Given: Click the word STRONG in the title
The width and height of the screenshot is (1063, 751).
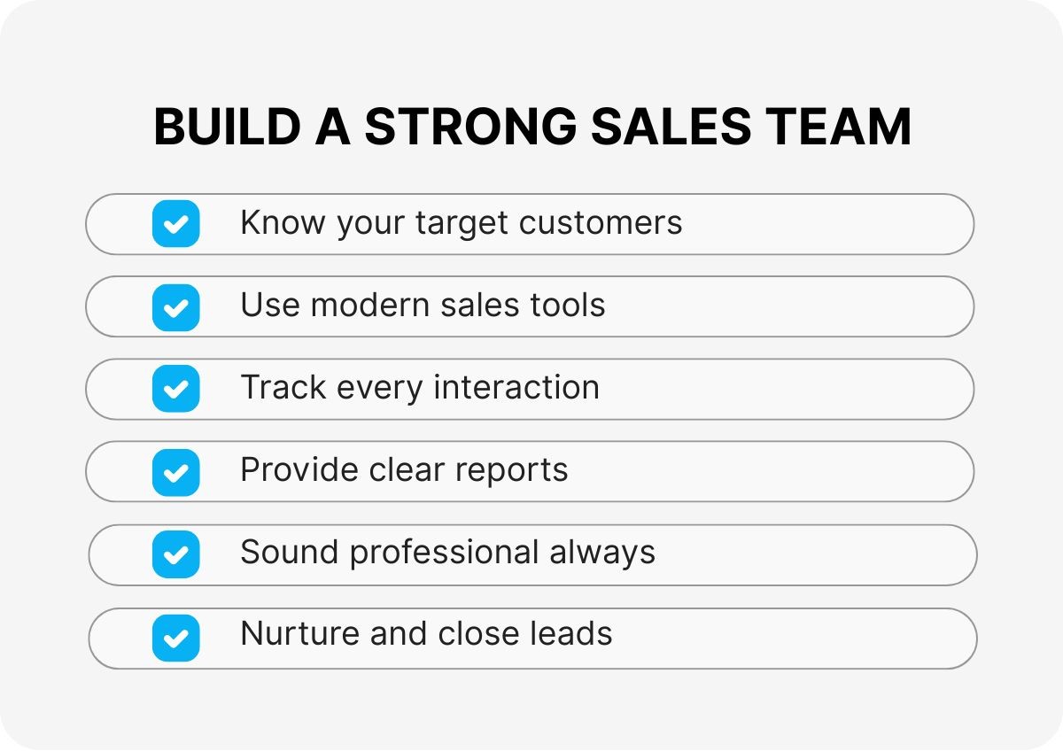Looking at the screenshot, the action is (x=470, y=126).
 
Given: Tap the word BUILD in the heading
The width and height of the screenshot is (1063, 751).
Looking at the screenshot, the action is (x=228, y=126).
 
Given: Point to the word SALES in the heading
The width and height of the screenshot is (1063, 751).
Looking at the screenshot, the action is (x=671, y=126).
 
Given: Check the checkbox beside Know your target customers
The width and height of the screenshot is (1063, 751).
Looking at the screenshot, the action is (x=175, y=223).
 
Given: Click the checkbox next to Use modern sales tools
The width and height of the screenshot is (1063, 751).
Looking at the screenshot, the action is (x=175, y=307).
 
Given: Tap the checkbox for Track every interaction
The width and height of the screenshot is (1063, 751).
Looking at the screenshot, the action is (x=175, y=389).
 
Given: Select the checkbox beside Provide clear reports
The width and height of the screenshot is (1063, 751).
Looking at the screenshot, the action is (x=175, y=473).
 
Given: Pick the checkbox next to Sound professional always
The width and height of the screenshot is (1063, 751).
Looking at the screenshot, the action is (x=175, y=554).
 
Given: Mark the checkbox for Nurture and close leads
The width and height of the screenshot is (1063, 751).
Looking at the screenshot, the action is (x=175, y=638).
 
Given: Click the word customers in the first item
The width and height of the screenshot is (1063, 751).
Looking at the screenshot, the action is (x=601, y=222).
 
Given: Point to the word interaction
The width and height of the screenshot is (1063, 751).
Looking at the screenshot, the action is (x=516, y=387).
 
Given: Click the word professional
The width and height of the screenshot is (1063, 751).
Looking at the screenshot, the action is (x=444, y=554).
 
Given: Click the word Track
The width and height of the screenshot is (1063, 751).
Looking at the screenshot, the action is (x=283, y=387).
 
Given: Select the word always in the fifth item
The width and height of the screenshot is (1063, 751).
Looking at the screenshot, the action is (x=602, y=554).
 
